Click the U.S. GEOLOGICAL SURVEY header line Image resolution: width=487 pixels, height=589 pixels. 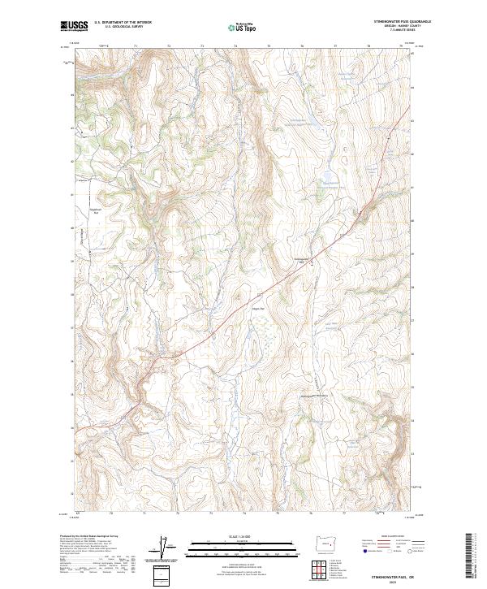[123, 27]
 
